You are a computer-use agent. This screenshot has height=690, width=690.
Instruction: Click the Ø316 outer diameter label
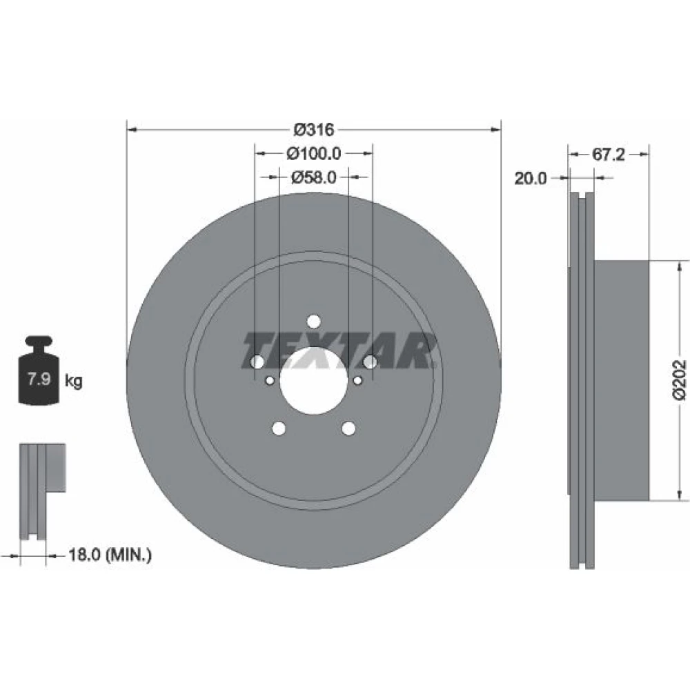click(314, 130)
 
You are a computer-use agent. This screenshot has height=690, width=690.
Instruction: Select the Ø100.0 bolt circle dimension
click(314, 153)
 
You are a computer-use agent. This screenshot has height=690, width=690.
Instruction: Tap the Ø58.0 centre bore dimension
click(314, 177)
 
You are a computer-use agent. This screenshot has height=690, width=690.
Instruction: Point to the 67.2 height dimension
click(608, 154)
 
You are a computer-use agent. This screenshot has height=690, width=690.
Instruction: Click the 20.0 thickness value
click(530, 178)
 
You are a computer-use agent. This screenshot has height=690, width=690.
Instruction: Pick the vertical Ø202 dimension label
click(679, 379)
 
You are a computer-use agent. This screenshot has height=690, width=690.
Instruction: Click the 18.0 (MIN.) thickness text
click(110, 555)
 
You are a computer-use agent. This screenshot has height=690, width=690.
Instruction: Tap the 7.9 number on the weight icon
click(39, 378)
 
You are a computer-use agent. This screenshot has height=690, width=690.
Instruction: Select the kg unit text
click(74, 380)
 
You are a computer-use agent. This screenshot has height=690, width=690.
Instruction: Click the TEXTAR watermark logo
click(339, 351)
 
